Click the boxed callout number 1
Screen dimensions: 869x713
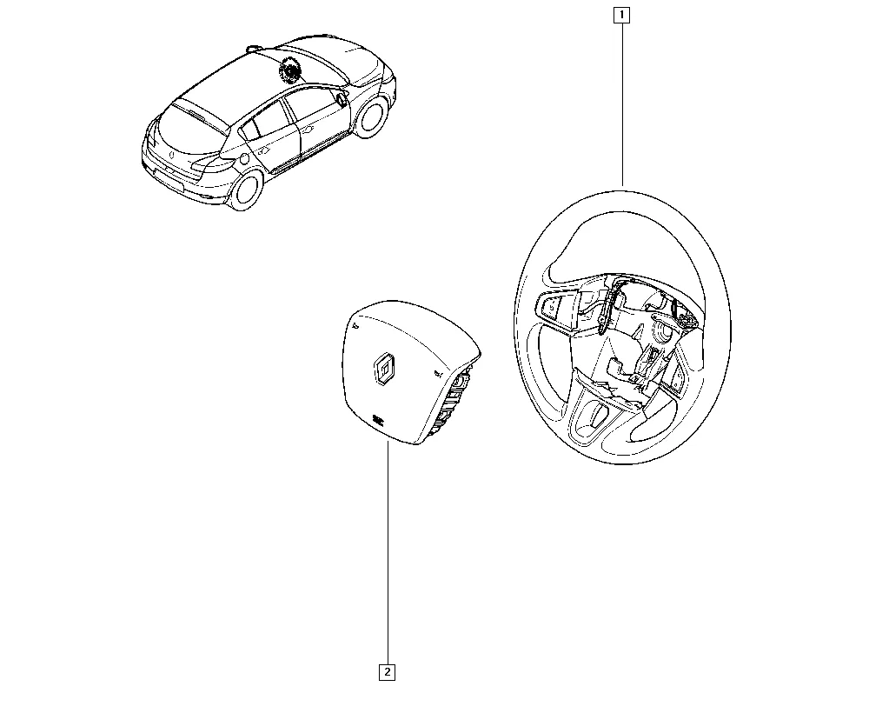coord(622,15)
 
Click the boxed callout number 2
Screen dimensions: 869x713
coord(387,672)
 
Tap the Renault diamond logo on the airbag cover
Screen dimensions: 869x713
coord(383,368)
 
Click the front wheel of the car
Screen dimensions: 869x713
coord(369,117)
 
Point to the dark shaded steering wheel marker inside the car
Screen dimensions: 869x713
coord(289,70)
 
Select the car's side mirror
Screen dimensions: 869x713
coord(341,99)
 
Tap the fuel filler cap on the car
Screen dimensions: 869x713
coord(244,160)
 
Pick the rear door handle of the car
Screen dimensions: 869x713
coord(264,150)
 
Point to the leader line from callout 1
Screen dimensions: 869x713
coord(622,104)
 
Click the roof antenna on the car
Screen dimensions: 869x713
coord(254,48)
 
